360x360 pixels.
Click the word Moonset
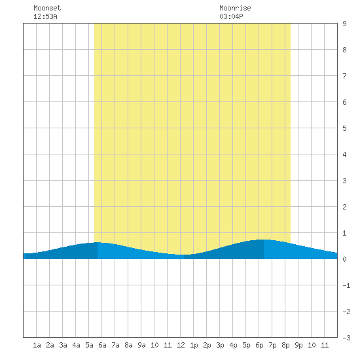[47, 8]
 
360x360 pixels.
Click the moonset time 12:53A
[45, 16]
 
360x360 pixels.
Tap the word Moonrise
[235, 8]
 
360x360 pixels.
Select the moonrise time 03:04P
[231, 16]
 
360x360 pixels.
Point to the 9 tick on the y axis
[344, 24]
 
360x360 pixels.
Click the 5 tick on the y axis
[344, 128]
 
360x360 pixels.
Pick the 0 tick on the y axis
[344, 259]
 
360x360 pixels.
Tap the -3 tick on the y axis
[346, 338]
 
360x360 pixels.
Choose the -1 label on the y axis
[346, 285]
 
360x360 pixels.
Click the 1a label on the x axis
[37, 345]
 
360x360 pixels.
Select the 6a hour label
[102, 345]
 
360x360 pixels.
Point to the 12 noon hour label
[181, 345]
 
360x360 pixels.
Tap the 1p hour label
[194, 345]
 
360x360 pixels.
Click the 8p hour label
[285, 345]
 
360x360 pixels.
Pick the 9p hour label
[298, 345]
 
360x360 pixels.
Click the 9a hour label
[141, 345]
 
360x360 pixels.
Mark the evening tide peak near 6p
[264, 240]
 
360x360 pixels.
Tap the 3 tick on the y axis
[344, 181]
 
